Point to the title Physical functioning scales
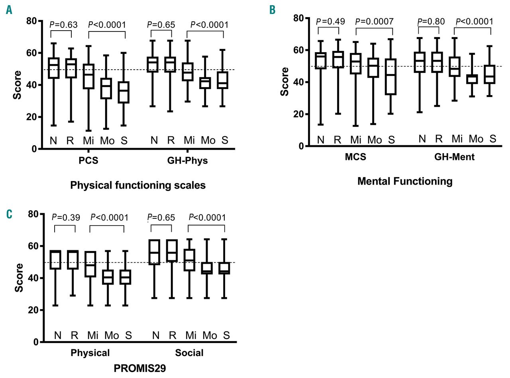[x=138, y=185]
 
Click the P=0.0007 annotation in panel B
[x=374, y=22]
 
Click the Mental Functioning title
[x=405, y=182]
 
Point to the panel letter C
[x=9, y=215]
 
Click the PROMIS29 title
[x=139, y=368]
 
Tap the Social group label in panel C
[x=189, y=353]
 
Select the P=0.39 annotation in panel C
[x=66, y=218]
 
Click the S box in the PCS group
[x=125, y=92]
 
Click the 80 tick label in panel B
[x=298, y=18]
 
